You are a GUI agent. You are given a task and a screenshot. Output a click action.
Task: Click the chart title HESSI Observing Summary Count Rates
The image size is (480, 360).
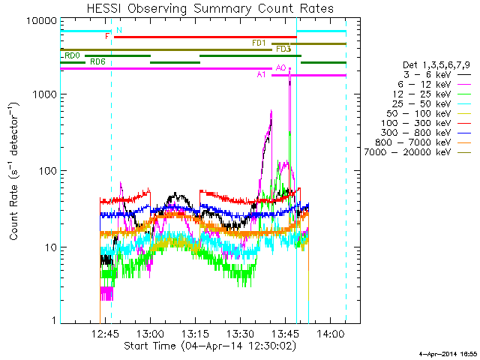point(210,8)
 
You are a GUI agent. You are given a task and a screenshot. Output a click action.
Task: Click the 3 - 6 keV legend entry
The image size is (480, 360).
point(437,75)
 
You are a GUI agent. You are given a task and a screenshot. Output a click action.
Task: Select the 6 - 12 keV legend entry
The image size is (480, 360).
point(434,85)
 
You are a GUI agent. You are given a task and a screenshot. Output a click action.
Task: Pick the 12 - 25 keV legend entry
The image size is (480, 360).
point(432,94)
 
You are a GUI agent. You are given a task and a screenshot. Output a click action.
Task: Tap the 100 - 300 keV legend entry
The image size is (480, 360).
point(426,123)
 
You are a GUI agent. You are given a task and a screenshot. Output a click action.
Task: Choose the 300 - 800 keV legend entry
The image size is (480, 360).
point(426,133)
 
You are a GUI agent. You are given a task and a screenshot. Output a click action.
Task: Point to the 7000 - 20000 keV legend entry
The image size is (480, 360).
point(418,151)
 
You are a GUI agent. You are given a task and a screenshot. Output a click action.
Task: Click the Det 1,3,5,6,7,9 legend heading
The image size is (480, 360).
point(436,65)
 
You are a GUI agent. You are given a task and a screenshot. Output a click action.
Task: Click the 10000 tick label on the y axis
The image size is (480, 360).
point(42,21)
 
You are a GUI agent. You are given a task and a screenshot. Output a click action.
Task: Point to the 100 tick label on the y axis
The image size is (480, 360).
point(48,171)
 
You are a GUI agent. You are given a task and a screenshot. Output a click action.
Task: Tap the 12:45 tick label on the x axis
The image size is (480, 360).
point(105,333)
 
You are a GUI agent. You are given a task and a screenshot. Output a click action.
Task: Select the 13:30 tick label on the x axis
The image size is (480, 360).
point(240,333)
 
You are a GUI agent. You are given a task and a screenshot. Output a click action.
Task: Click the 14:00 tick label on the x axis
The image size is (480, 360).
point(330,333)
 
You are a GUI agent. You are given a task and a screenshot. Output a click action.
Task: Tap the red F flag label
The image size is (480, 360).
point(107,37)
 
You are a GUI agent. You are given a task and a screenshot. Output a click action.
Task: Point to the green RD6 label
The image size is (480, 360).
point(97,61)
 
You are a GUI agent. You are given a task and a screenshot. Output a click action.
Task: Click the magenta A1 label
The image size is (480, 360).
point(261,75)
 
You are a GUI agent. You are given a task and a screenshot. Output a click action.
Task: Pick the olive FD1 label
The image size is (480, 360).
point(259,43)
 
